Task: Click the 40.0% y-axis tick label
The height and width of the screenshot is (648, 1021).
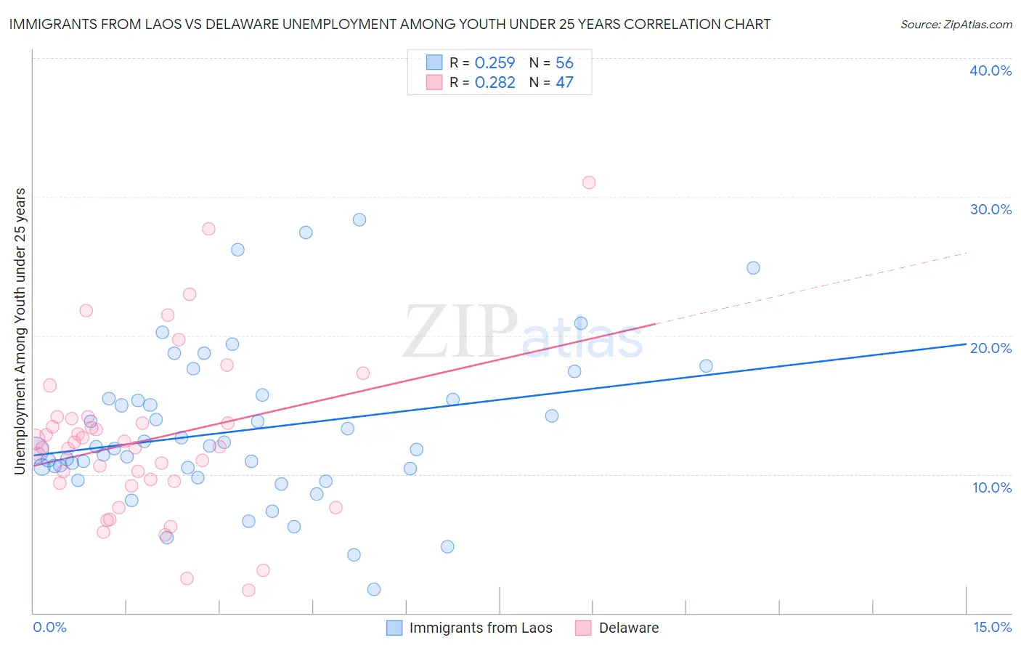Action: (991, 70)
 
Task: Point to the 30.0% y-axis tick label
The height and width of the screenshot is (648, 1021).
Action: (991, 209)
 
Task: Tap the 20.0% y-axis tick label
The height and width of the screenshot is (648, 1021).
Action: (991, 348)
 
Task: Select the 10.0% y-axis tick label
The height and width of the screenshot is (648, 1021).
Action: (992, 487)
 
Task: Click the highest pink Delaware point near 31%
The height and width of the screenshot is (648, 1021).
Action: (589, 182)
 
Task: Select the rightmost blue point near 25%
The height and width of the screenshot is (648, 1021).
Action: (753, 268)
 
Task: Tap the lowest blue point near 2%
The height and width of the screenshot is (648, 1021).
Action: (374, 589)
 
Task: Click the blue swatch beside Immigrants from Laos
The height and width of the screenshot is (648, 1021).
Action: (394, 628)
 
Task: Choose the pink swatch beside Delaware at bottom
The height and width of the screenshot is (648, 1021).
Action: (583, 628)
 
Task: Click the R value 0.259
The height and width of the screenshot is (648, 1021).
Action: (495, 63)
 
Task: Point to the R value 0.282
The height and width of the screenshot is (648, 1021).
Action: (495, 83)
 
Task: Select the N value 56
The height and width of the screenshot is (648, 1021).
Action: (564, 63)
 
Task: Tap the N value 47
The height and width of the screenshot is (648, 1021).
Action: (564, 83)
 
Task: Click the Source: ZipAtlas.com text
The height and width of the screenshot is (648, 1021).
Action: (956, 25)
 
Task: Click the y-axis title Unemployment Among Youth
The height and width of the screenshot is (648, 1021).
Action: (20, 331)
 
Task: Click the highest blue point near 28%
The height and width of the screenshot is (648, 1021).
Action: (359, 219)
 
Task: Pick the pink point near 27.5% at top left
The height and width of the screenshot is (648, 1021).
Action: (208, 229)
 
